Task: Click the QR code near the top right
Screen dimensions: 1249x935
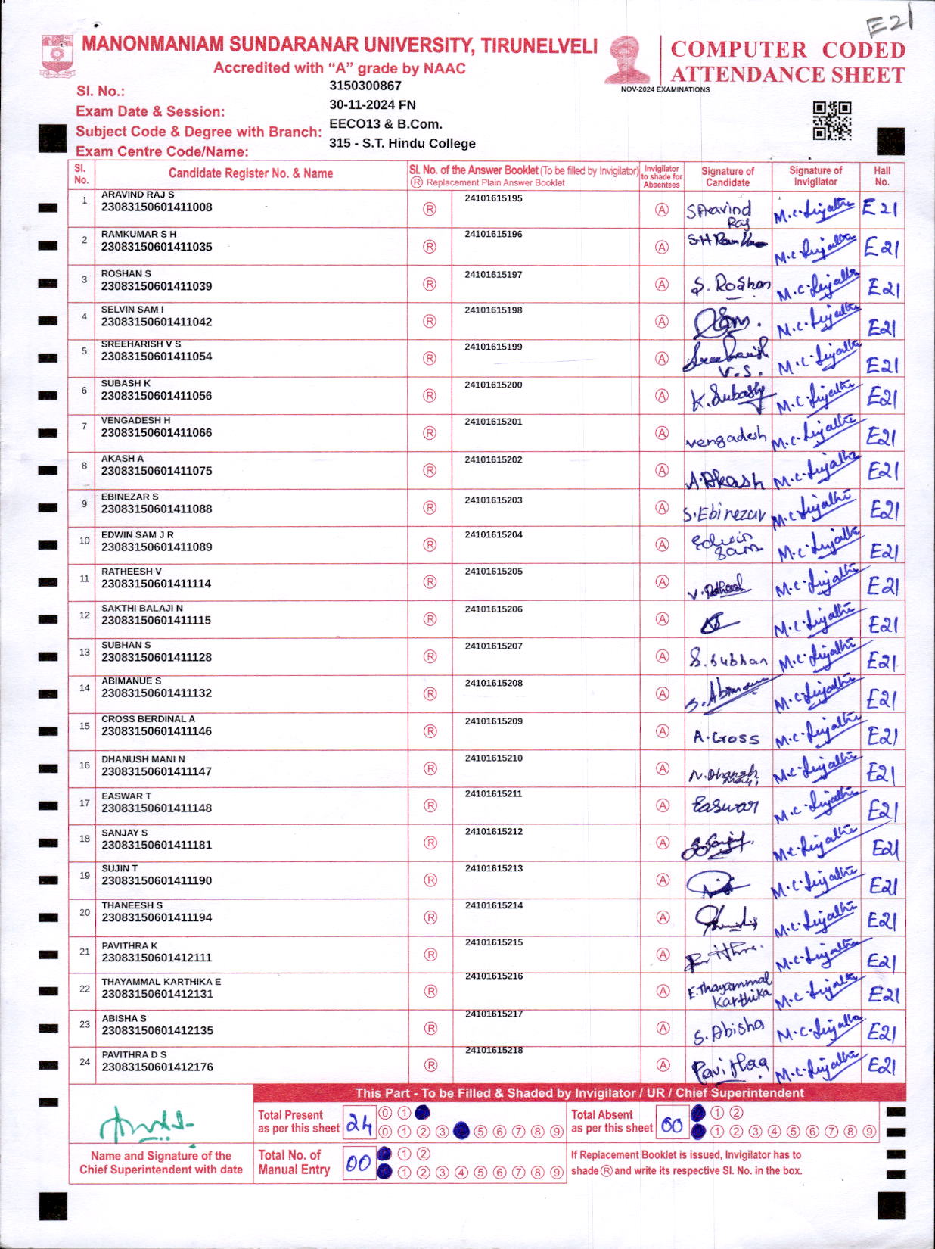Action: click(x=831, y=121)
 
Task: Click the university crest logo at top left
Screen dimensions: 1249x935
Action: click(x=57, y=56)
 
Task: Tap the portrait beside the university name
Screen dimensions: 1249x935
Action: click(x=627, y=60)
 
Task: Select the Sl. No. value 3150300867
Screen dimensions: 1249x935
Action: click(x=365, y=86)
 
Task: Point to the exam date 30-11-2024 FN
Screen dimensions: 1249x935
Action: click(x=372, y=105)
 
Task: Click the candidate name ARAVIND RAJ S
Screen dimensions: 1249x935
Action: click(x=138, y=195)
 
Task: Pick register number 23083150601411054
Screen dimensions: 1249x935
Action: click(x=157, y=357)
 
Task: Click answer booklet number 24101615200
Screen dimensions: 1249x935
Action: click(x=493, y=385)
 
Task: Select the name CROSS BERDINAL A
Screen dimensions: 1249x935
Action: click(x=148, y=719)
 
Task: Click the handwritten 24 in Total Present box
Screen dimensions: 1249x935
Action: click(x=359, y=1125)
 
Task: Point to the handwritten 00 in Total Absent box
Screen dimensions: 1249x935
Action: click(x=672, y=1126)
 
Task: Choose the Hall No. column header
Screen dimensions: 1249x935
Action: click(x=882, y=176)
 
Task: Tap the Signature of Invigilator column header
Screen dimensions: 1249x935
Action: click(x=815, y=176)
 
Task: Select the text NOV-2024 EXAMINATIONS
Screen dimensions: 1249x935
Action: click(x=665, y=89)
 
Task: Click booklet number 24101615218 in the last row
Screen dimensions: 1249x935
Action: click(x=494, y=1051)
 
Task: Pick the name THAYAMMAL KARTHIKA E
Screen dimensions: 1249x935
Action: click(x=161, y=982)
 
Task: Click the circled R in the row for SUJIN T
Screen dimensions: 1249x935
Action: click(x=430, y=880)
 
